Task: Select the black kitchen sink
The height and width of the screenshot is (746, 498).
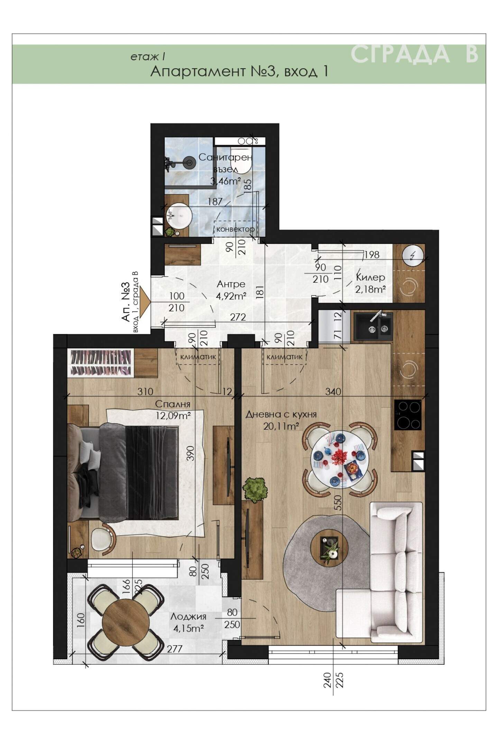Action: (372, 325)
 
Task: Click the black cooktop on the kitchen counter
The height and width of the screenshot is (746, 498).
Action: (408, 415)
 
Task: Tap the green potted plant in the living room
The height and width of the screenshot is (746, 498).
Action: (256, 490)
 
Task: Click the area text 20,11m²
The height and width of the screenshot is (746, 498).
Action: (281, 426)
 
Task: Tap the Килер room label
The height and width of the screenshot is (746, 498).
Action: (370, 277)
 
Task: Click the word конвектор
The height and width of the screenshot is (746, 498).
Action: (236, 229)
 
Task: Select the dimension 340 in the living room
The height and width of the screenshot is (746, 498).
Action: (333, 392)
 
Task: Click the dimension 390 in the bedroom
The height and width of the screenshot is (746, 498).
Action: (191, 453)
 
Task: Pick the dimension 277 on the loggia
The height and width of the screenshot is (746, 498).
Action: (175, 648)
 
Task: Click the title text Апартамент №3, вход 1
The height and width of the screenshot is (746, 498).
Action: (239, 71)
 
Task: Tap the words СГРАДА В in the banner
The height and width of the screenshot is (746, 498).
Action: (414, 54)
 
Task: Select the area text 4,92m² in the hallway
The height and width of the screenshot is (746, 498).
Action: (231, 296)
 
